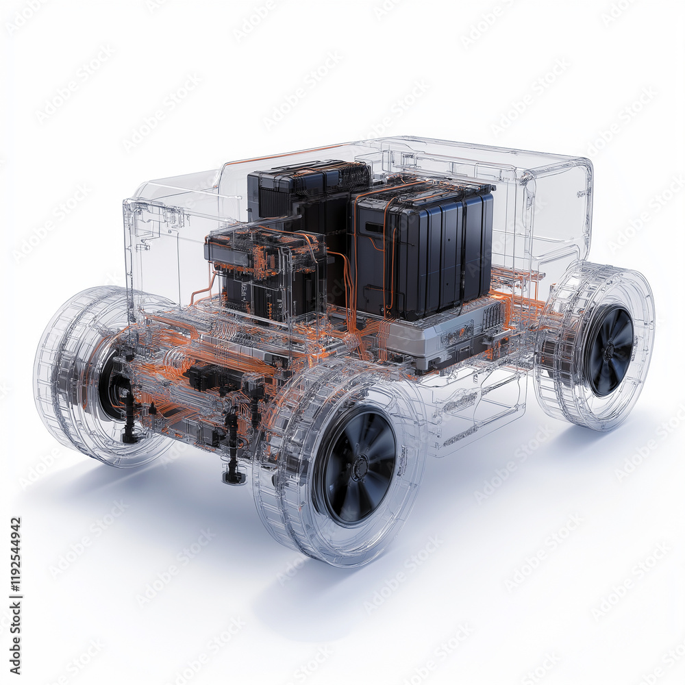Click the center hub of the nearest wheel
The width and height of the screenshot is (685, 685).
tap(358, 468)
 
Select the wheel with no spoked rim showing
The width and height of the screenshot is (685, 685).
tap(103, 377)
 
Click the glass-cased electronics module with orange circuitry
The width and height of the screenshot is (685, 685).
tap(264, 271)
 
